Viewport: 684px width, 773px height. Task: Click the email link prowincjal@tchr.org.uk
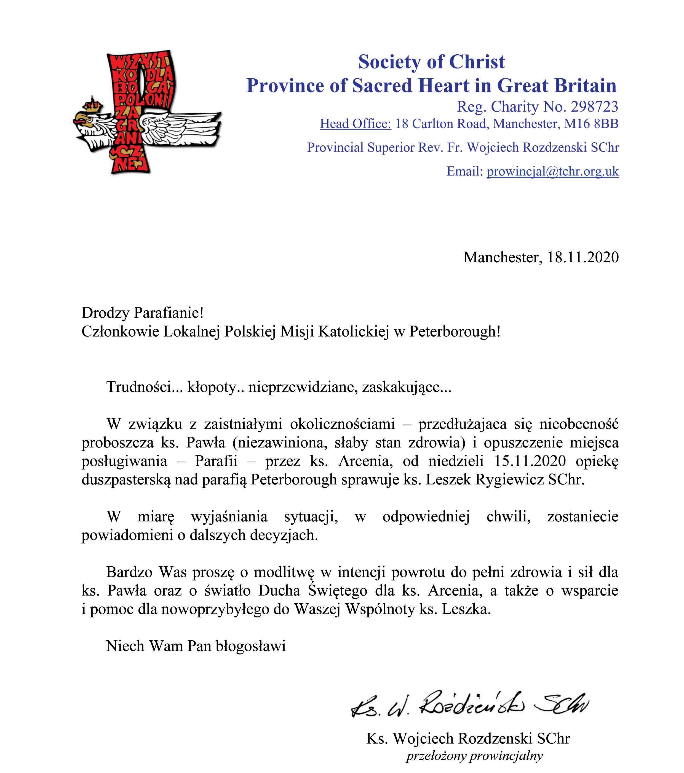pos(552,171)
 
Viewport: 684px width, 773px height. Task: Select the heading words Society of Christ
pos(431,62)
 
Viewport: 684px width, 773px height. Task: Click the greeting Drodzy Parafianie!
pos(143,313)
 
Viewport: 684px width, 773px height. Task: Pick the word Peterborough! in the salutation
pos(455,331)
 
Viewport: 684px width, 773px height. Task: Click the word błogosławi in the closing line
pos(251,646)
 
